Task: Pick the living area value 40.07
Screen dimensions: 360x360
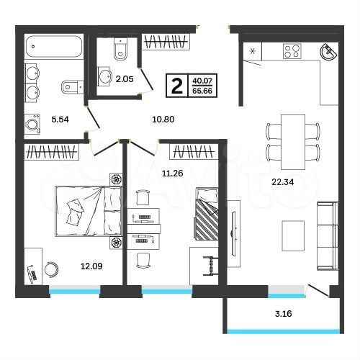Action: tap(202, 80)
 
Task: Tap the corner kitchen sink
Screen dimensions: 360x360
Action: tap(328, 52)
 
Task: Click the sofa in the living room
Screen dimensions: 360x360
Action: tap(328, 235)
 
